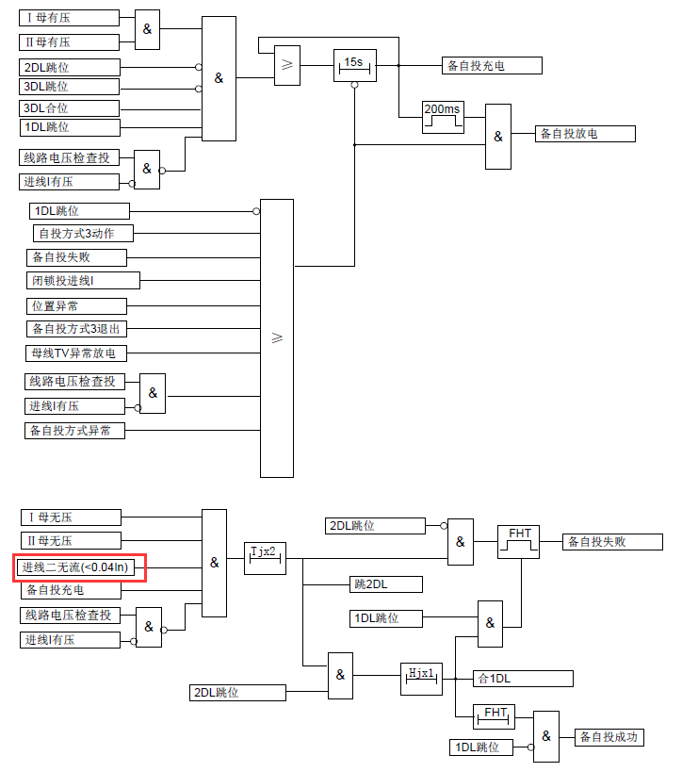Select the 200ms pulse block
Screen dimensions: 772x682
click(443, 117)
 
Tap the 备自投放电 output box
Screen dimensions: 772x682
click(585, 134)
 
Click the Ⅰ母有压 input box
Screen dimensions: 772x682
click(71, 18)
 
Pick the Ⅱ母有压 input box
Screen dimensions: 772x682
click(71, 42)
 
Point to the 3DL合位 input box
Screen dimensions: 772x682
click(71, 108)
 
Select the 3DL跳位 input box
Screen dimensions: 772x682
click(71, 87)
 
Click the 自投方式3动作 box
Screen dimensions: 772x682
click(85, 233)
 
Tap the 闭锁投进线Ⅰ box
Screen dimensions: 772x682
click(83, 281)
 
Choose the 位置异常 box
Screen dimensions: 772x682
click(76, 306)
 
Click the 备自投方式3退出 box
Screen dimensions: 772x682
click(76, 329)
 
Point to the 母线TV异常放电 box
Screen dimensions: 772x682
click(76, 353)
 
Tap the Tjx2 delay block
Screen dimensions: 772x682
click(264, 558)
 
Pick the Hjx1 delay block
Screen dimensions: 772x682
click(421, 679)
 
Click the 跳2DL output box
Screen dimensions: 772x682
click(385, 584)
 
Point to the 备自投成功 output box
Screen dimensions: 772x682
click(609, 737)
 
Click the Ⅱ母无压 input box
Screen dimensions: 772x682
click(71, 541)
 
